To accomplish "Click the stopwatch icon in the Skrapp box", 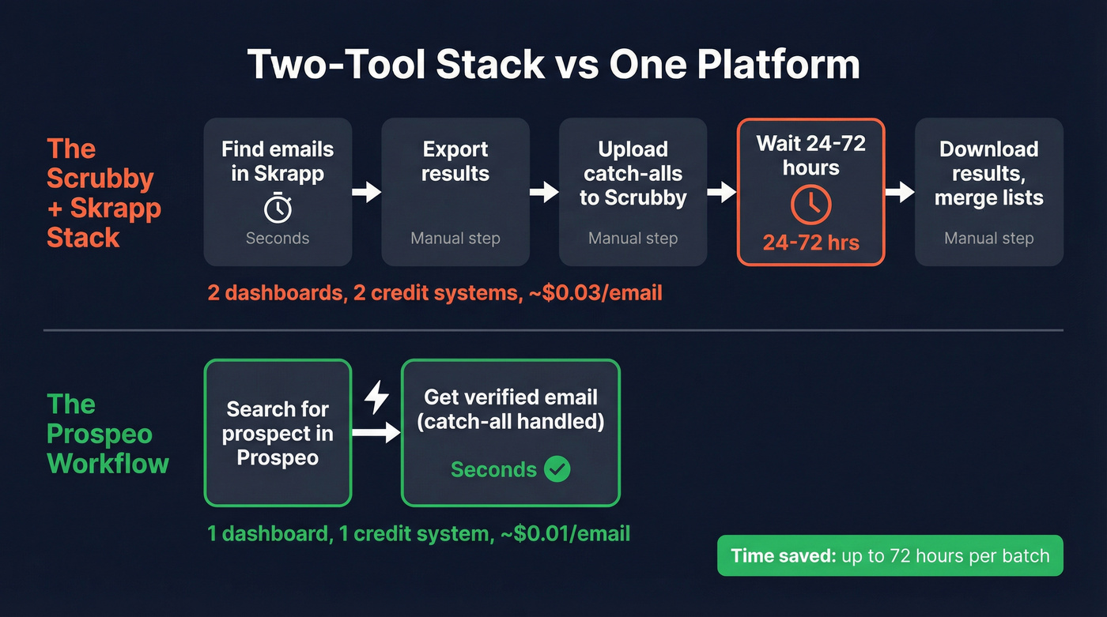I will tap(278, 209).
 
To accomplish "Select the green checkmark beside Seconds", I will tap(557, 470).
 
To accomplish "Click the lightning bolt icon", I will tap(376, 397).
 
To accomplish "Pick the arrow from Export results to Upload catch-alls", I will tap(544, 192).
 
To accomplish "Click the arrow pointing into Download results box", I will tap(900, 192).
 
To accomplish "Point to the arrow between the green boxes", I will tap(376, 432).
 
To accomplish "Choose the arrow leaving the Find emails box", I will tap(366, 192).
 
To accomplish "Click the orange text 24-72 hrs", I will tap(811, 242).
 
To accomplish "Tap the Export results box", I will tap(455, 192).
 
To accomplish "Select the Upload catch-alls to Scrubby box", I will tap(633, 192).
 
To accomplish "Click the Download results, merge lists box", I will tap(988, 192).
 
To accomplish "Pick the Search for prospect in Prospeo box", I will tap(278, 432).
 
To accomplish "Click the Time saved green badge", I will tap(890, 555).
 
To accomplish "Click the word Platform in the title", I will tap(778, 64).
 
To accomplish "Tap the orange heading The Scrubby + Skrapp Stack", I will tap(104, 193).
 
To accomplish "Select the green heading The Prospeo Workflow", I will tap(108, 434).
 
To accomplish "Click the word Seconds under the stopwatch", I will tap(278, 238).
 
